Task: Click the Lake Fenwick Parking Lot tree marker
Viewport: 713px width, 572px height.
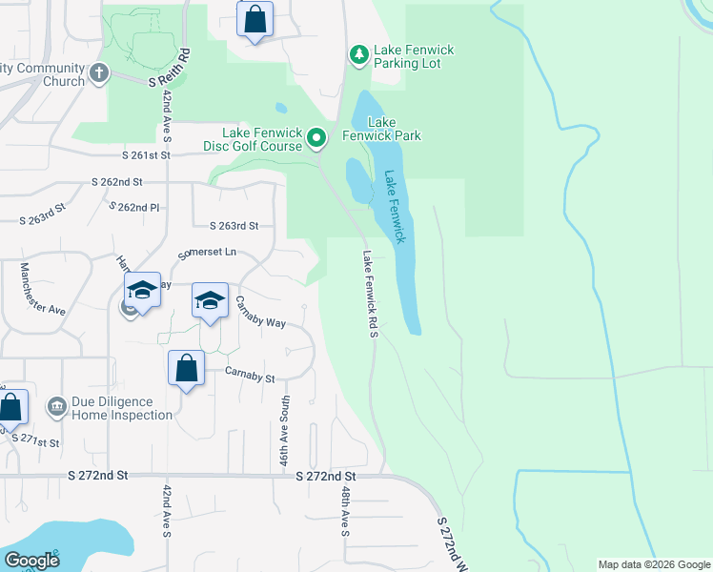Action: pos(358,55)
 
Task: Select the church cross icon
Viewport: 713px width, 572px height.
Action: pos(98,73)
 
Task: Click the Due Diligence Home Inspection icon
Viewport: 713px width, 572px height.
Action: pos(56,408)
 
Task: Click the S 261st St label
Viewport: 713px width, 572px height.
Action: pos(145,154)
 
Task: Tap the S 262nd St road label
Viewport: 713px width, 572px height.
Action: pos(116,181)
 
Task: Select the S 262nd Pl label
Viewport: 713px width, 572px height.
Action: pos(134,207)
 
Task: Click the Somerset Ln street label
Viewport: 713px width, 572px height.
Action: pos(207,255)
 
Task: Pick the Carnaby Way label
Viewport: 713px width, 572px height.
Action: pos(260,316)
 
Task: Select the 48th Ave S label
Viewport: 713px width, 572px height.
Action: pos(344,511)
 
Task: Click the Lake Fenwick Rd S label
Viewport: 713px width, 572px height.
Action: pos(370,294)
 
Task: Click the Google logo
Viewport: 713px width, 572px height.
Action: pos(31,561)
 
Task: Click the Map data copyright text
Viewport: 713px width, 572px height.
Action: pos(653,564)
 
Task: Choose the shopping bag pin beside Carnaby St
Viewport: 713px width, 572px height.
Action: pos(187,367)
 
